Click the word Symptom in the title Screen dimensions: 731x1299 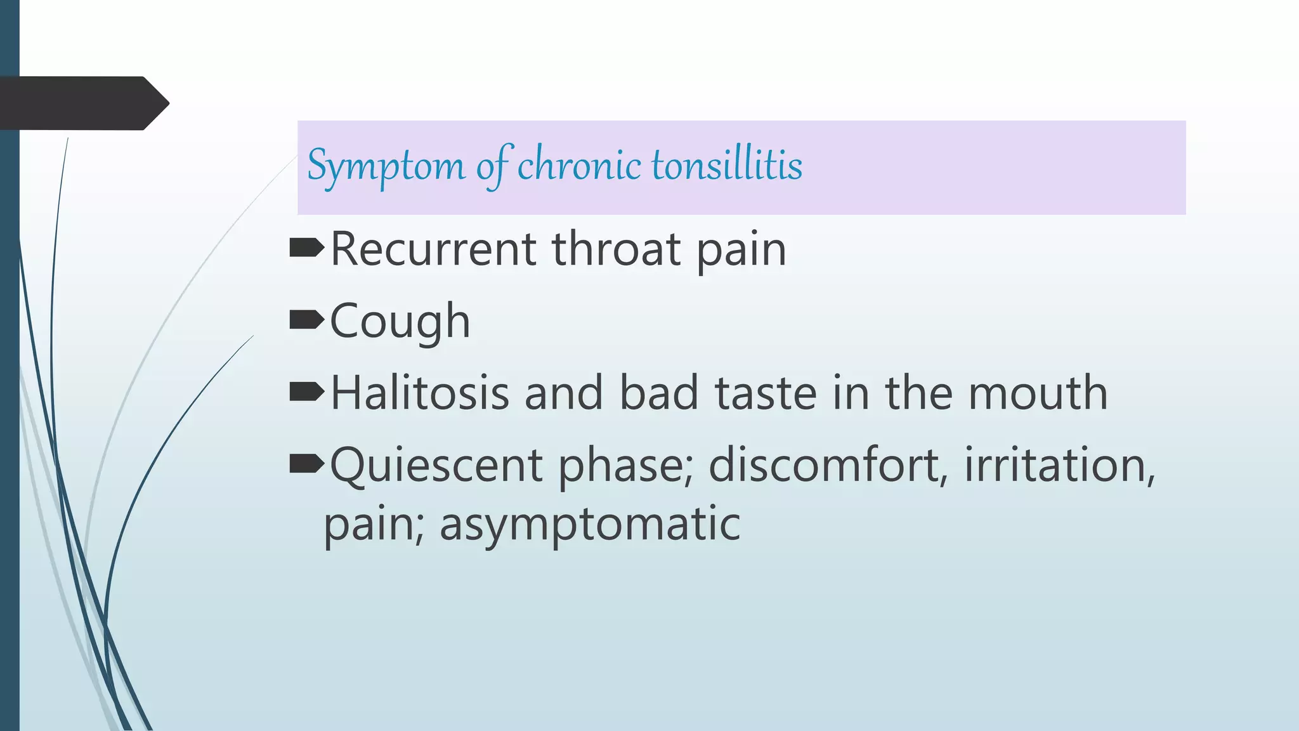(386, 166)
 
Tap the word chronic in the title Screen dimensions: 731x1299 (579, 165)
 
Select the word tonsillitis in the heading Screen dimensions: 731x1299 (727, 165)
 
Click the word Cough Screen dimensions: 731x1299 (400, 321)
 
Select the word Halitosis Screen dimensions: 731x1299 (420, 393)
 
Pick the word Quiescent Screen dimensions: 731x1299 (436, 466)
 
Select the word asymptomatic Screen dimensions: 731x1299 (590, 524)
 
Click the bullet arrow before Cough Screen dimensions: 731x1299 (306, 320)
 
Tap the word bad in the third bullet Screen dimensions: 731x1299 (658, 393)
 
